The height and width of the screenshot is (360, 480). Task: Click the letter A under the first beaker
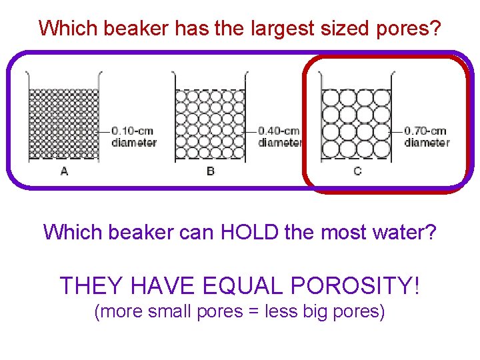click(64, 171)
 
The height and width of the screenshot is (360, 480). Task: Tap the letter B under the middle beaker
click(211, 171)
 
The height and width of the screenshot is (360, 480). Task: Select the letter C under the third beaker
click(357, 171)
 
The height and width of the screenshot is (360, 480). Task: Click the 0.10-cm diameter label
click(133, 137)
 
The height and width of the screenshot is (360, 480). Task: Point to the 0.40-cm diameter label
click(279, 137)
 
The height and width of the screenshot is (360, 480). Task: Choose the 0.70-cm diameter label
click(427, 137)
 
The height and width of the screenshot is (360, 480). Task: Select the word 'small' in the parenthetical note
click(171, 311)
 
